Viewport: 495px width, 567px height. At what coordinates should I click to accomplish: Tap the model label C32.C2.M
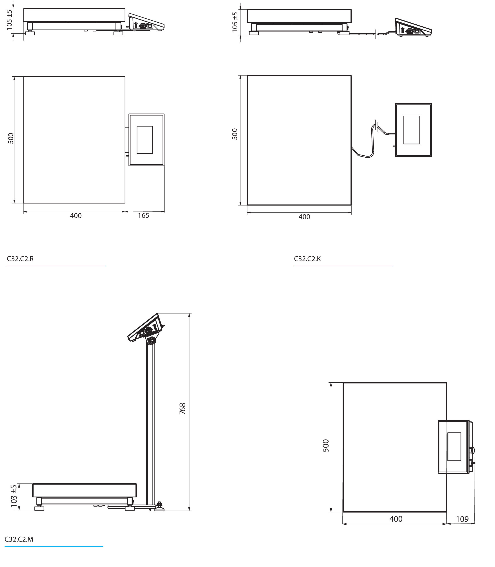click(19, 539)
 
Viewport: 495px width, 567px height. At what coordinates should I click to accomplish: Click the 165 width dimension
click(143, 216)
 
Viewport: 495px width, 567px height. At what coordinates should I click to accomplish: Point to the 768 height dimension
click(182, 409)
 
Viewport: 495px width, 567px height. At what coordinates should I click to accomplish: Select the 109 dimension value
click(462, 519)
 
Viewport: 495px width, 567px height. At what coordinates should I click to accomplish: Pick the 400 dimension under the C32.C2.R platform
click(76, 216)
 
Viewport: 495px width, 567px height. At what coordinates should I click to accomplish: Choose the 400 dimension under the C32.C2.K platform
click(304, 217)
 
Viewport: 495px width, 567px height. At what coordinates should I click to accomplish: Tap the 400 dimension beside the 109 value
click(396, 519)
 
